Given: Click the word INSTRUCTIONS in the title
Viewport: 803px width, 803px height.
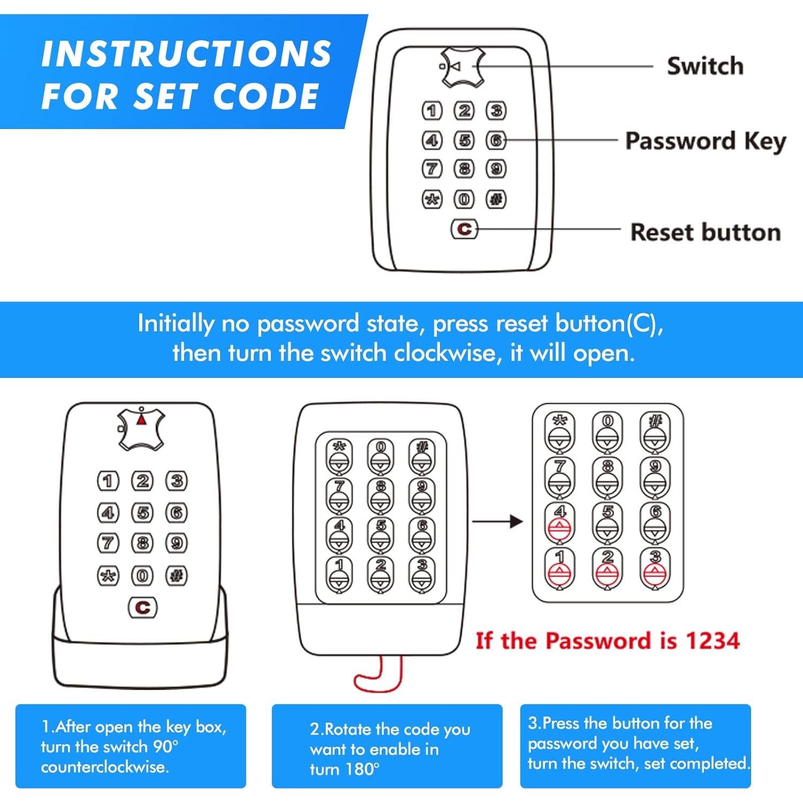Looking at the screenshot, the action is point(186,54).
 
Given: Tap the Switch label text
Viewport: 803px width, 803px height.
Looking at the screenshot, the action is point(705,66).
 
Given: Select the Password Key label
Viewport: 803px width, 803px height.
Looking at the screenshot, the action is point(706,142).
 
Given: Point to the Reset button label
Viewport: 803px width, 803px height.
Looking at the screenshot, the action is point(706,232).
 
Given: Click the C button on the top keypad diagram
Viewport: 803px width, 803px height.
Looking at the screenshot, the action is point(464,229).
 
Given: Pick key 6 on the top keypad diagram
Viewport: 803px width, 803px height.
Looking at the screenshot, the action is point(496,140).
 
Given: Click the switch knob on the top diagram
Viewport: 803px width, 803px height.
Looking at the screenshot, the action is point(463,67).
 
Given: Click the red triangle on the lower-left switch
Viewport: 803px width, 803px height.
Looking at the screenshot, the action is point(141,419).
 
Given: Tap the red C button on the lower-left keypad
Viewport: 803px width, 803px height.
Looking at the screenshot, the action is point(142,608).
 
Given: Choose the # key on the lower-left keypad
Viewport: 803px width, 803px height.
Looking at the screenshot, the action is point(177,575).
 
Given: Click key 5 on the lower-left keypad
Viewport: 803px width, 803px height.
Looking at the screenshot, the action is point(142,513).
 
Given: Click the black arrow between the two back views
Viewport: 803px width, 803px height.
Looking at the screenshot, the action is point(497,521).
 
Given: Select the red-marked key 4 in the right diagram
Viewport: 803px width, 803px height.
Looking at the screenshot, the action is point(560,521).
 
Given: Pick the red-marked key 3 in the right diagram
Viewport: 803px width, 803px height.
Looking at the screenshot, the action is point(655,567).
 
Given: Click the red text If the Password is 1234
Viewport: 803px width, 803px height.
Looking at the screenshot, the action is point(608,640).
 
